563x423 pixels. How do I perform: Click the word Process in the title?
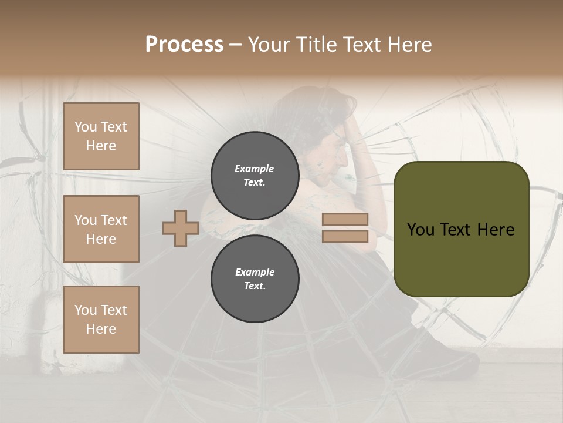click(x=184, y=45)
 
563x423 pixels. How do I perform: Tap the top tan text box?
click(x=101, y=136)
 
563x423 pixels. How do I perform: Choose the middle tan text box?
click(x=101, y=229)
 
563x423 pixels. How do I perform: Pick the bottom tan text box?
click(x=101, y=320)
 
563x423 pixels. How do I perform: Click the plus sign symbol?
click(x=181, y=228)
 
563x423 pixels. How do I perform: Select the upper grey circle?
click(x=255, y=176)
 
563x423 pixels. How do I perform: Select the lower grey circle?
click(x=255, y=279)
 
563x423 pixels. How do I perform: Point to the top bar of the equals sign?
click(x=345, y=220)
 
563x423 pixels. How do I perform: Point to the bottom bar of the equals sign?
click(x=345, y=236)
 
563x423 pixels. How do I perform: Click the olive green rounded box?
click(x=461, y=258)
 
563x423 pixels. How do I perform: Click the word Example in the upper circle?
click(x=254, y=169)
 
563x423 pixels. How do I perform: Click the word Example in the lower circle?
click(x=255, y=272)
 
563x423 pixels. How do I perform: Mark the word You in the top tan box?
click(x=86, y=127)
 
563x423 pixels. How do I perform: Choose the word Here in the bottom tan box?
click(x=101, y=329)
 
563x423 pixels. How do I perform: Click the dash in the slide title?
click(x=236, y=45)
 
